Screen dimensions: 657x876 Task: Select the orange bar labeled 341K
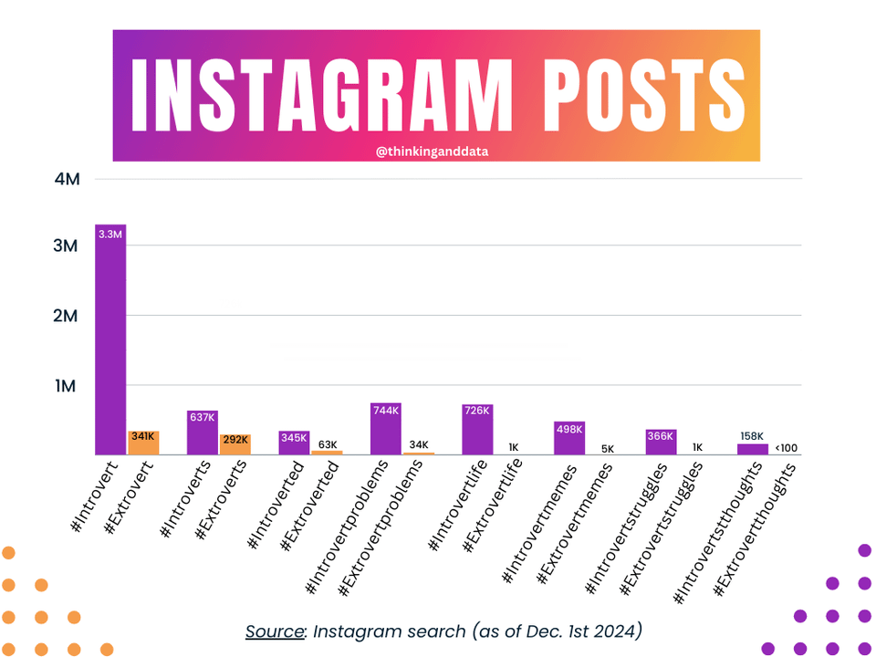pos(143,443)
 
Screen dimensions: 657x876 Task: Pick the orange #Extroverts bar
pos(235,444)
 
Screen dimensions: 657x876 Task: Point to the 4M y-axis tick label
pos(68,179)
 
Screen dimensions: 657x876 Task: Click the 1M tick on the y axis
pos(68,386)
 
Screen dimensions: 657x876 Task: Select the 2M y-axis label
pos(68,316)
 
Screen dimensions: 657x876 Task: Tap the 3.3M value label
pos(110,235)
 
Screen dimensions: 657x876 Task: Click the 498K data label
pos(568,429)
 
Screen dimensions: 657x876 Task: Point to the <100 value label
pos(786,447)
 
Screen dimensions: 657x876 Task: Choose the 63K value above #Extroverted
pos(327,444)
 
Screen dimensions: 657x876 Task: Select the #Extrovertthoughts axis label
pos(755,529)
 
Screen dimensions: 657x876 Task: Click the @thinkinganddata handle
pos(432,151)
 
